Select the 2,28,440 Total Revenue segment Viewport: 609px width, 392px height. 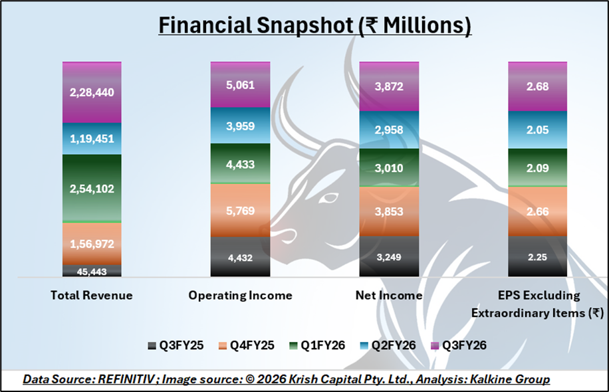coord(92,92)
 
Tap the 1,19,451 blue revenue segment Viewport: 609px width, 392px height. coord(92,139)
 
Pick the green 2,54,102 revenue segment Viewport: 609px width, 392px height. coord(92,188)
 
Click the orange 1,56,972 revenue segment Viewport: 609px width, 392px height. coord(92,243)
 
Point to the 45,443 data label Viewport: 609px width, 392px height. coord(92,271)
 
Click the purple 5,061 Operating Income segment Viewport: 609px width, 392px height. coord(240,84)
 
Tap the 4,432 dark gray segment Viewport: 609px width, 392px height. coord(240,256)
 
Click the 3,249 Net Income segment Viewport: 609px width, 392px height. coord(389,256)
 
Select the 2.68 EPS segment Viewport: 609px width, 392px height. coord(537,86)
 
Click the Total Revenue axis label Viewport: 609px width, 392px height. coord(92,295)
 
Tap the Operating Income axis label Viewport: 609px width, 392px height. coord(240,295)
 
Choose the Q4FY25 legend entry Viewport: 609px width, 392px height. coord(250,345)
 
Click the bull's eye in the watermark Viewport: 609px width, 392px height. coord(326,199)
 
